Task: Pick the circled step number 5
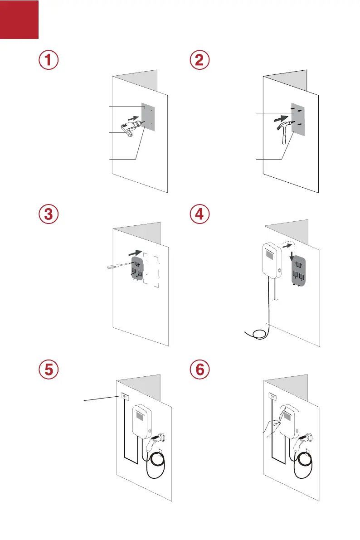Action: click(x=48, y=369)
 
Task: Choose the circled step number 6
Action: click(x=199, y=369)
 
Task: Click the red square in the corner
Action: click(x=19, y=19)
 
